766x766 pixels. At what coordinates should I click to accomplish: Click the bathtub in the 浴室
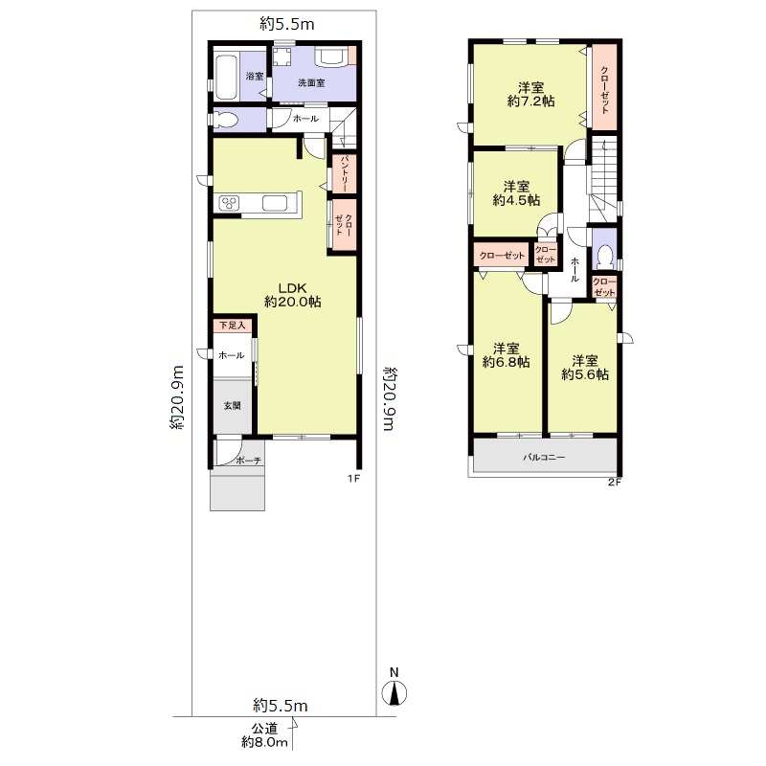tap(227, 77)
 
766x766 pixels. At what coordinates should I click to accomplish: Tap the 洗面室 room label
tap(311, 82)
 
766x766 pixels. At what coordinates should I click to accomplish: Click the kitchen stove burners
tap(229, 203)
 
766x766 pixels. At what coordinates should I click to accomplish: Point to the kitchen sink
tap(275, 203)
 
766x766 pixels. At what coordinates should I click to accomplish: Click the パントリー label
tap(344, 173)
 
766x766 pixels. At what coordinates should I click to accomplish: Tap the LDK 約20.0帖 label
tap(293, 295)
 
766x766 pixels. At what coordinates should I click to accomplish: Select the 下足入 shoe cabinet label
tap(232, 325)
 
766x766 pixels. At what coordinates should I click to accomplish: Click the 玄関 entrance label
tap(232, 405)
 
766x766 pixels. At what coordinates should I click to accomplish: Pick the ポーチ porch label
tap(249, 461)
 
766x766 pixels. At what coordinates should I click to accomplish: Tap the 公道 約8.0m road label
tap(265, 735)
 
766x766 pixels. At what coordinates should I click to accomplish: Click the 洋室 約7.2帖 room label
tap(531, 94)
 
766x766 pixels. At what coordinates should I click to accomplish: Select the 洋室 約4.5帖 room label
tap(516, 193)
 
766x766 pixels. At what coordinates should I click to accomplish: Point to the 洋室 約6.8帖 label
tap(507, 355)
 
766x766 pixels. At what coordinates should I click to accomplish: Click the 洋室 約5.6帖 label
tap(585, 368)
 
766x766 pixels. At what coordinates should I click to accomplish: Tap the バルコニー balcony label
tap(544, 458)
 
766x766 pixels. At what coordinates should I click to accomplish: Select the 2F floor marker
tap(614, 483)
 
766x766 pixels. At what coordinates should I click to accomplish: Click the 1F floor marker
tap(353, 478)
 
